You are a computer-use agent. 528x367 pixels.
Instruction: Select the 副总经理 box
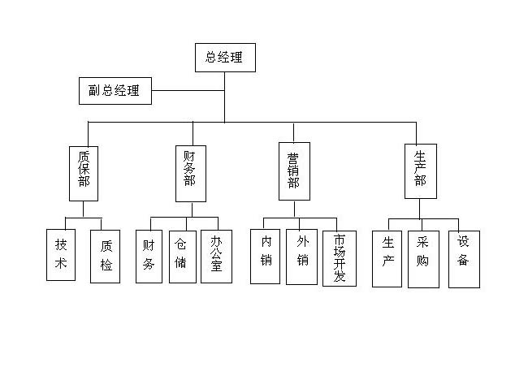tap(115, 90)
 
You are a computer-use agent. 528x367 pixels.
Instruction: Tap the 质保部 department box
tap(84, 171)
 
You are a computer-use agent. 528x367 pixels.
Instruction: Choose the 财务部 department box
tap(190, 171)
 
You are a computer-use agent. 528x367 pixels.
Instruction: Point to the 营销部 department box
tap(294, 171)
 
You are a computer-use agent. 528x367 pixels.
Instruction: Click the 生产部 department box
tap(420, 171)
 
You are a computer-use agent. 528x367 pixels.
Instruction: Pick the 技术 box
tap(61, 255)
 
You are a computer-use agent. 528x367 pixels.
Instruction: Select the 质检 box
tap(106, 255)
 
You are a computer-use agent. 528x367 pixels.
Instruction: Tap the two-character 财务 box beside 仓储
tap(149, 256)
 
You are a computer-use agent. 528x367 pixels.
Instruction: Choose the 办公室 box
tap(216, 256)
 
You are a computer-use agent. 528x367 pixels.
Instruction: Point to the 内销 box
tap(266, 257)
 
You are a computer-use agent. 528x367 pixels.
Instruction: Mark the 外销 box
tap(302, 257)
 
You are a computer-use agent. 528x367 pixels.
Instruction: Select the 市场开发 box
tap(340, 258)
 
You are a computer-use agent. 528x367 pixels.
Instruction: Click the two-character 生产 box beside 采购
tap(387, 259)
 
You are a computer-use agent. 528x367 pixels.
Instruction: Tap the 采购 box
tap(423, 259)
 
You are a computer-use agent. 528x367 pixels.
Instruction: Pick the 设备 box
tap(464, 259)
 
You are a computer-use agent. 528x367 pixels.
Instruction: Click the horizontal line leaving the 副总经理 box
tap(187, 90)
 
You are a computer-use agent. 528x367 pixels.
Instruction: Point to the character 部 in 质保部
tap(84, 183)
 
